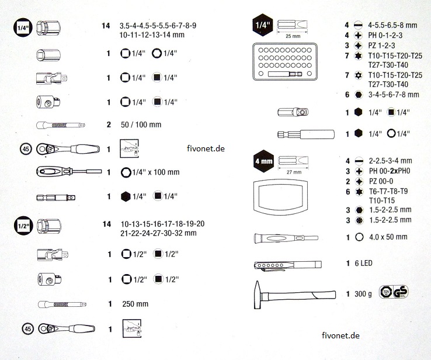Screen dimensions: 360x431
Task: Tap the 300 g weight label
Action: click(x=362, y=293)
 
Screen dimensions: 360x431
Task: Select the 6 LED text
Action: click(x=363, y=264)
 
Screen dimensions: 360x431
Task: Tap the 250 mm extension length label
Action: click(x=135, y=304)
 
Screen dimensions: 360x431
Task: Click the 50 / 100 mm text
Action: click(x=140, y=124)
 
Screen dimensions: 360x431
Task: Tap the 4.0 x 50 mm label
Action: click(x=385, y=237)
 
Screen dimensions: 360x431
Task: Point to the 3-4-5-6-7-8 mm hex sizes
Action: click(x=394, y=94)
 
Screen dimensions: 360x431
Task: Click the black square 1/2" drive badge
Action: click(x=22, y=225)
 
